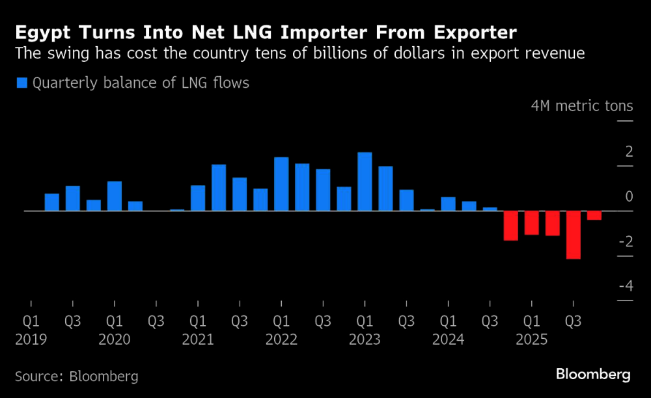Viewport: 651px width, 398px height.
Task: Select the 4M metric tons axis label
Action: click(x=582, y=106)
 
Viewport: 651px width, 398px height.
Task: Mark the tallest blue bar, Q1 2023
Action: click(x=365, y=181)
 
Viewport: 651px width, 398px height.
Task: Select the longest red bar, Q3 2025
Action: click(x=573, y=235)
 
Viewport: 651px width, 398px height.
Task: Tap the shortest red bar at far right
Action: click(x=594, y=215)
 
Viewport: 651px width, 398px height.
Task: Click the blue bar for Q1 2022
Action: click(x=281, y=184)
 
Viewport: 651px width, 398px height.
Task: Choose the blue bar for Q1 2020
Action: click(x=115, y=196)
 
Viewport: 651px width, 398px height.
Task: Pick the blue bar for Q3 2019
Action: click(x=73, y=198)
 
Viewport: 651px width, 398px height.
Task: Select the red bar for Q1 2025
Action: click(x=531, y=222)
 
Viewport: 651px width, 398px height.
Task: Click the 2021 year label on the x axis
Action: click(x=198, y=339)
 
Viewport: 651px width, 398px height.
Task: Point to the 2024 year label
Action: click(x=448, y=339)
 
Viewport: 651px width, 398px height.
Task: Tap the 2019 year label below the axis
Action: click(x=31, y=339)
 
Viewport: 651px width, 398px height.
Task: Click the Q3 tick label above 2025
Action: click(x=573, y=321)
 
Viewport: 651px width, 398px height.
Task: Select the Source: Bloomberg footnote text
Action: click(x=77, y=376)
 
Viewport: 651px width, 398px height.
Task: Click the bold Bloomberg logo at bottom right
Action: click(x=592, y=375)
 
